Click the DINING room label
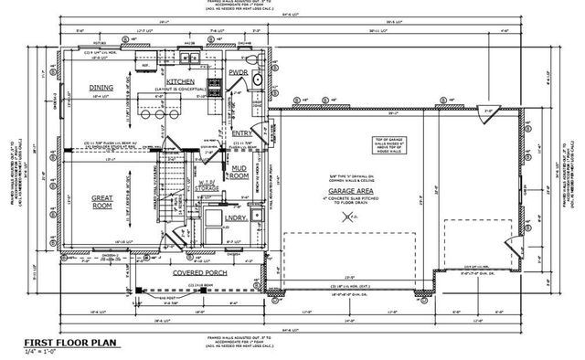(101, 88)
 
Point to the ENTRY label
(241, 133)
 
